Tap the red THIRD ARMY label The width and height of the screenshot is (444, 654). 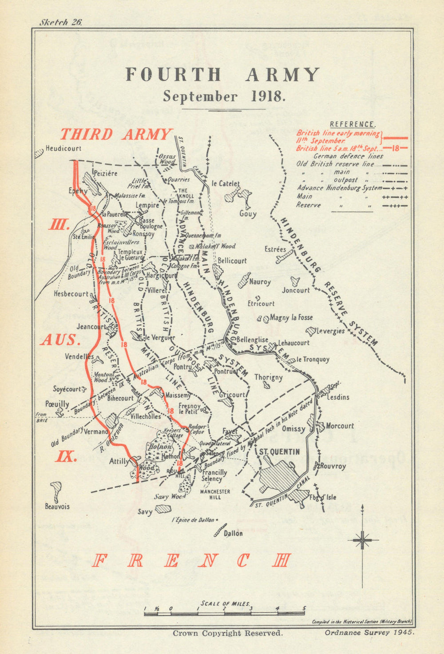[116, 134]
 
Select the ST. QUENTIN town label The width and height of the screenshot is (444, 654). [279, 452]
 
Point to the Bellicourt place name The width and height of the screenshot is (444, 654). [232, 261]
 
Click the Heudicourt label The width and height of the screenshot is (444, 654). [63, 148]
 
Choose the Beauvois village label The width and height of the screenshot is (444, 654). [57, 506]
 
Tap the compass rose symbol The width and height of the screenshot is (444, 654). [363, 540]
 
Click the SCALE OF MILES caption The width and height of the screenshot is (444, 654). [225, 603]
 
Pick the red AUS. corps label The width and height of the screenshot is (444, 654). [59, 340]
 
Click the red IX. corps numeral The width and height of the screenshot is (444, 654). [66, 456]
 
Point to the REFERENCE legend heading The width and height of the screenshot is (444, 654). [353, 125]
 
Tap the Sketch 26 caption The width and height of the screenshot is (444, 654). [61, 23]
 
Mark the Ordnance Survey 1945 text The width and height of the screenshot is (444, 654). [369, 633]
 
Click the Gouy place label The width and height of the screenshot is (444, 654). [248, 214]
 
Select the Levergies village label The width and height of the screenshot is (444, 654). [330, 331]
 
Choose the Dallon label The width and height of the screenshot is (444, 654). [234, 533]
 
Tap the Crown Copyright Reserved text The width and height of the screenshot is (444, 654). [227, 634]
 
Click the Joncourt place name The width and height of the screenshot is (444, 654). [296, 290]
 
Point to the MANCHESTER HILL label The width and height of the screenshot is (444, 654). [215, 494]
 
